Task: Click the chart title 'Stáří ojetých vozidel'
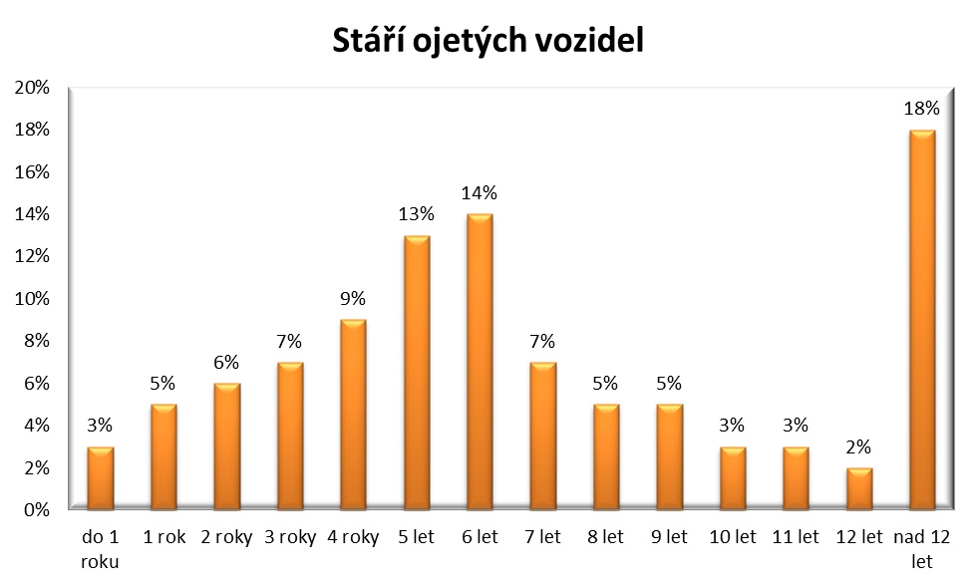tap(488, 41)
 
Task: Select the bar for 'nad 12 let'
tap(922, 319)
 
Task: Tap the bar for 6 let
tap(480, 361)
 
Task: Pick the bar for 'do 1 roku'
tap(101, 477)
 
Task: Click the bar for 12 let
tap(858, 488)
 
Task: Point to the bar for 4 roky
tap(353, 414)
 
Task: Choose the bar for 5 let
tap(417, 372)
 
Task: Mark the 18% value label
tap(922, 109)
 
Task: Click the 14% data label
tap(480, 192)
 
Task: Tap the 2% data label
tap(858, 446)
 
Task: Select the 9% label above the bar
tap(353, 298)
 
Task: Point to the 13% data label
tap(417, 214)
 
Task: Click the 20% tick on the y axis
tap(33, 88)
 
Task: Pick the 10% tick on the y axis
tap(33, 299)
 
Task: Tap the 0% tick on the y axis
tap(37, 510)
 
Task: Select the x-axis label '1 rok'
tap(163, 538)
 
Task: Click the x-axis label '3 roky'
tap(290, 538)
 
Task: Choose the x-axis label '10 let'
tap(732, 538)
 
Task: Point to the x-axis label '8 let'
tap(606, 538)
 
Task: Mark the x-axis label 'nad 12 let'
tap(922, 549)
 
